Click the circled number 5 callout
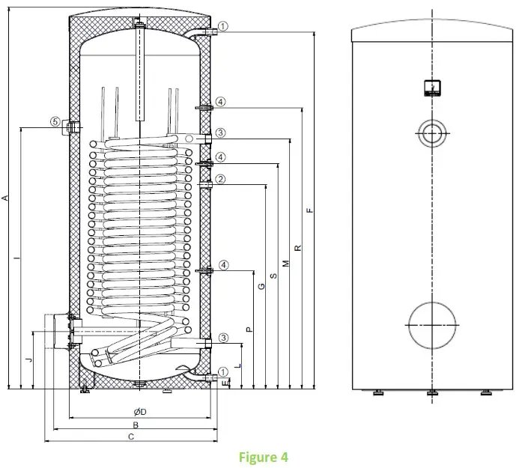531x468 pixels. click(x=55, y=121)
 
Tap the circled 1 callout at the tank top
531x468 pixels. click(x=223, y=25)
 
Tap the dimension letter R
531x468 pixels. click(x=297, y=248)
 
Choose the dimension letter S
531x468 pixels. click(x=273, y=276)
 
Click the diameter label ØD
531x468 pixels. click(x=139, y=412)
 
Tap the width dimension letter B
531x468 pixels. click(x=135, y=424)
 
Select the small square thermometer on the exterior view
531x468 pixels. click(x=431, y=88)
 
